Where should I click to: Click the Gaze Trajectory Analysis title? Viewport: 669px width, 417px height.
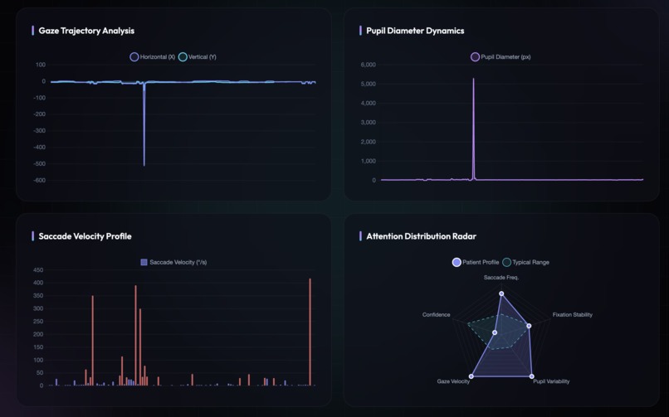point(86,31)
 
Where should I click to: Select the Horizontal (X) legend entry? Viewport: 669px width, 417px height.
point(152,57)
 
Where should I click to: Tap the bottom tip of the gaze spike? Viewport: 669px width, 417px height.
point(144,165)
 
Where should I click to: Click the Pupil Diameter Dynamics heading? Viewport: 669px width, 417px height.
point(415,31)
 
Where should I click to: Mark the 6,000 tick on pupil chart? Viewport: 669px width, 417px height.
point(368,65)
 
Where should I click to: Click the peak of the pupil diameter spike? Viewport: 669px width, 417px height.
point(474,80)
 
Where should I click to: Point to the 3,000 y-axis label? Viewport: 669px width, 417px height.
point(368,123)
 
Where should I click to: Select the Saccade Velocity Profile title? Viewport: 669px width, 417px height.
point(85,236)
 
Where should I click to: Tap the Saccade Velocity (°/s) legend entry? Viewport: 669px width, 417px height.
point(173,262)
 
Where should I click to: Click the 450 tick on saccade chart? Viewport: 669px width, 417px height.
point(38,270)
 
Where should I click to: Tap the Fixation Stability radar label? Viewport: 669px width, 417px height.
point(573,315)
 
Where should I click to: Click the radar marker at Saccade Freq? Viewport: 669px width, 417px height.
point(501,293)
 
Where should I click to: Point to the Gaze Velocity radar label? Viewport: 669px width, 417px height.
point(453,381)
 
